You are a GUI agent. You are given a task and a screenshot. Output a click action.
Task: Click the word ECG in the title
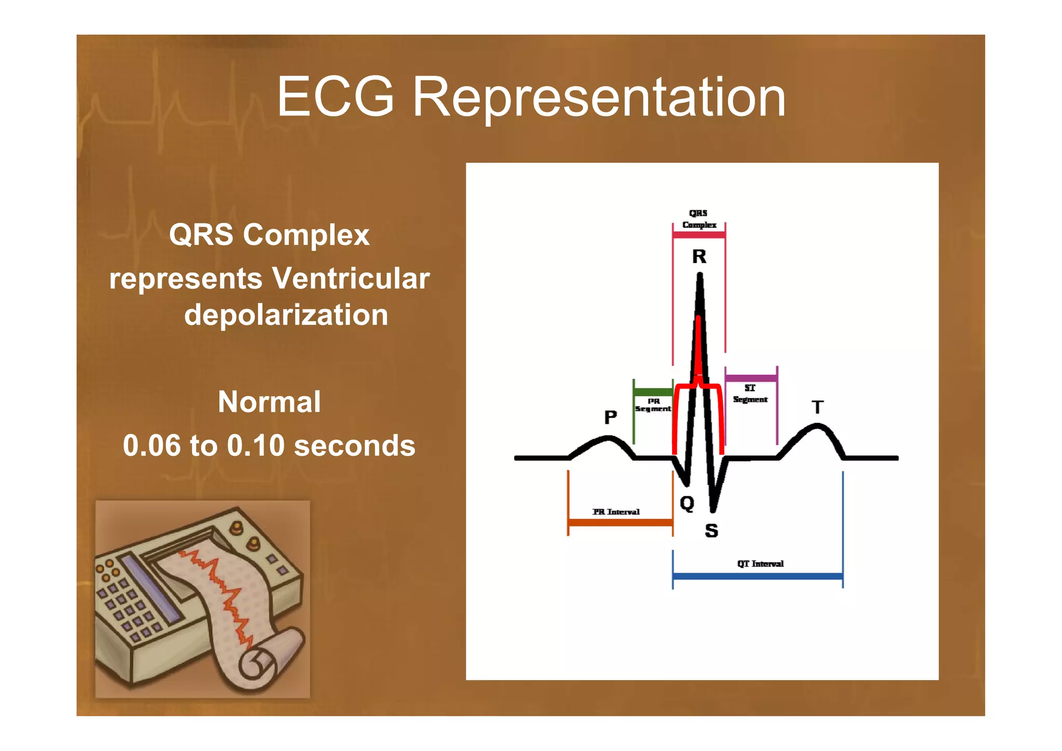point(336,97)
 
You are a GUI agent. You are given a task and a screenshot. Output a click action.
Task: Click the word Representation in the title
point(599,97)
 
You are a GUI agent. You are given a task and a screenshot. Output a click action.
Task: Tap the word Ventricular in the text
point(351,279)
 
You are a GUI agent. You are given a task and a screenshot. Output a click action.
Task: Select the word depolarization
point(286,315)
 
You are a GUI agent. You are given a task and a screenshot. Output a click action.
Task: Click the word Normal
point(269,402)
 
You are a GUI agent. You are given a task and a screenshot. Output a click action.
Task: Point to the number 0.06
point(152,446)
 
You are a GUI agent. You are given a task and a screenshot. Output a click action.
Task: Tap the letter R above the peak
point(699,256)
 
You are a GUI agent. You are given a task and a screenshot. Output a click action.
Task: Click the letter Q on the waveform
point(687,503)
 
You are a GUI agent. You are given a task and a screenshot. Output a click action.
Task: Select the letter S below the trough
point(711,531)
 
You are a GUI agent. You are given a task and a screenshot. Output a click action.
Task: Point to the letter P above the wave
point(611,417)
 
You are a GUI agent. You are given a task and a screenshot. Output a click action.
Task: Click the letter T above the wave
point(818,407)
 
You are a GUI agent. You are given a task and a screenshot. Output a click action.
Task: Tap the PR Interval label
point(616,512)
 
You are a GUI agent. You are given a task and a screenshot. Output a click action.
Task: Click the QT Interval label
point(760,564)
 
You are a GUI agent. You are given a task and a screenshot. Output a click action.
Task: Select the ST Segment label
point(750,394)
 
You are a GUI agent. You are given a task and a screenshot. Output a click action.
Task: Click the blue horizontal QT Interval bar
point(758,576)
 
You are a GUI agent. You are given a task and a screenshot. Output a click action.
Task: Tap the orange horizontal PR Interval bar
point(620,522)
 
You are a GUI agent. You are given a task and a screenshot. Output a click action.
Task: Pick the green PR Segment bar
point(653,392)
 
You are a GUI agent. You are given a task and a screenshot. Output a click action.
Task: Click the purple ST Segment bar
point(751,378)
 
